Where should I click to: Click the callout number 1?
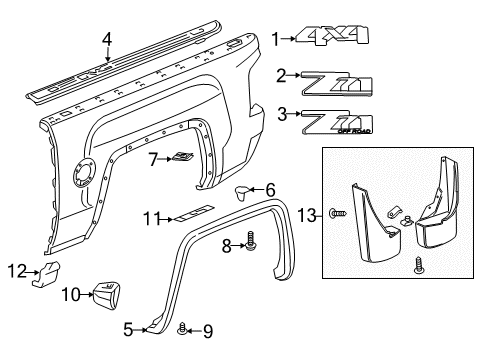(x=275, y=39)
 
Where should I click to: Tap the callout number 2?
(x=282, y=75)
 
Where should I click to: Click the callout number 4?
(x=107, y=40)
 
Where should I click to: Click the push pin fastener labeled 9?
(x=182, y=329)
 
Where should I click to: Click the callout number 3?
(x=283, y=113)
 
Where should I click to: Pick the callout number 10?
(x=70, y=294)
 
